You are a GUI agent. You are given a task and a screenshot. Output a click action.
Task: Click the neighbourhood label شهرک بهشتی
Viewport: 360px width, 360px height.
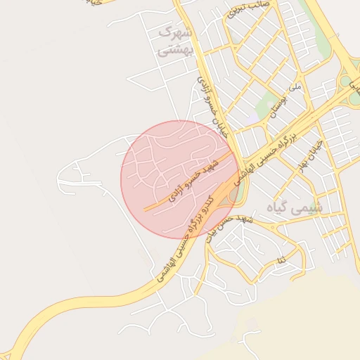point(174,41)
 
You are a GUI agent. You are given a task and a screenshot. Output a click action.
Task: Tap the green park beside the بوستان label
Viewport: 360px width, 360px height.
point(266,105)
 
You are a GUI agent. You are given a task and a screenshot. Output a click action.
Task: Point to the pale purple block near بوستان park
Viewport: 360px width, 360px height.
point(247,116)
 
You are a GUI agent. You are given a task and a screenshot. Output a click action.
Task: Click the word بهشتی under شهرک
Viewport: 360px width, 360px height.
point(174,51)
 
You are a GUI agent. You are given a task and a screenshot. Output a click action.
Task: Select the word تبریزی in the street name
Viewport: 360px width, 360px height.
point(237,13)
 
